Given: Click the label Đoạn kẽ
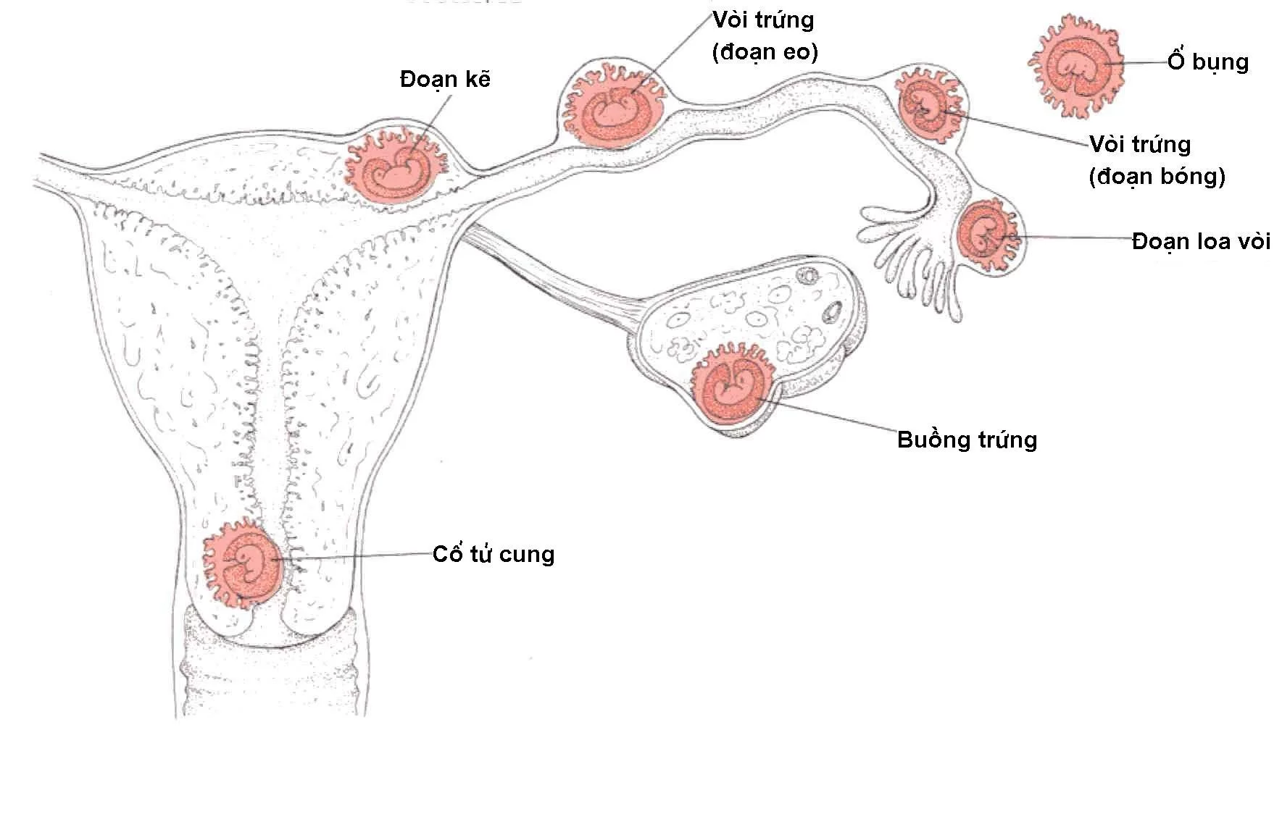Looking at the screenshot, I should pyautogui.click(x=445, y=79).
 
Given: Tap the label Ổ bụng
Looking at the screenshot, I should pyautogui.click(x=1207, y=62).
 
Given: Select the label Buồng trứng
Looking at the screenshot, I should pyautogui.click(x=967, y=440).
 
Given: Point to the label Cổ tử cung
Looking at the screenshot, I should pyautogui.click(x=493, y=555).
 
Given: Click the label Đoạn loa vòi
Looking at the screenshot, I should pyautogui.click(x=1201, y=241).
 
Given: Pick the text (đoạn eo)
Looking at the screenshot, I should pyautogui.click(x=765, y=52).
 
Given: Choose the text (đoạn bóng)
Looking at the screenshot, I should pyautogui.click(x=1157, y=176).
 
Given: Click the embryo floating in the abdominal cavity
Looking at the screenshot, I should pyautogui.click(x=1076, y=67).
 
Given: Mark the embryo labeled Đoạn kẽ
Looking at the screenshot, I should pyautogui.click(x=394, y=171).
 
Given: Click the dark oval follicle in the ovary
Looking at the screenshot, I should pyautogui.click(x=832, y=312).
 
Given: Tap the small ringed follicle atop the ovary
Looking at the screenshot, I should pyautogui.click(x=807, y=275).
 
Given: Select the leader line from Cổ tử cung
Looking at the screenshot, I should pyautogui.click(x=355, y=557).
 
